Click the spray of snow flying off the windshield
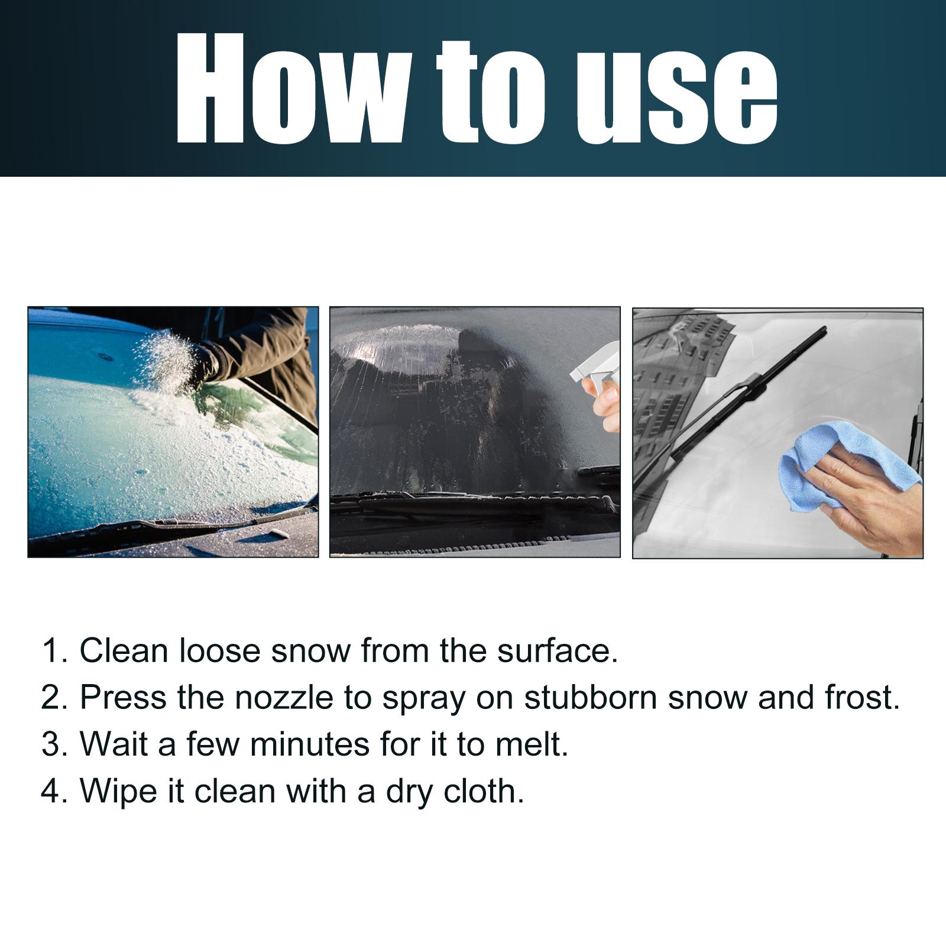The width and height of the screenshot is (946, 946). pyautogui.click(x=169, y=361)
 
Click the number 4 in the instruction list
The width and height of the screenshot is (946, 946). pyautogui.click(x=51, y=791)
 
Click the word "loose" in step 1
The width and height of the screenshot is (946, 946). pyautogui.click(x=219, y=650)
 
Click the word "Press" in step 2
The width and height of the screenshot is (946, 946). pyautogui.click(x=123, y=698)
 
